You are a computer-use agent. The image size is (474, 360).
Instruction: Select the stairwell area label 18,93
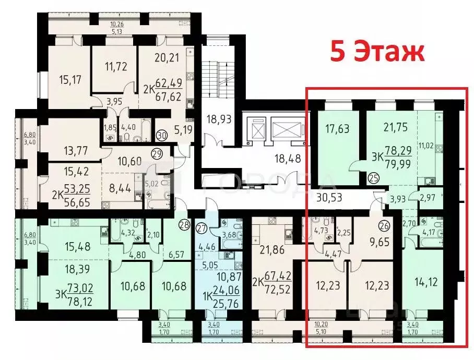tap(218, 120)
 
